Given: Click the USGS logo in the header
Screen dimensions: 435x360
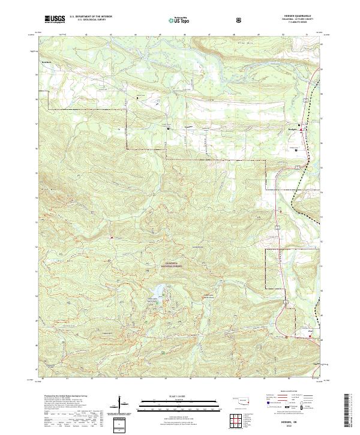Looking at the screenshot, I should click(56, 19).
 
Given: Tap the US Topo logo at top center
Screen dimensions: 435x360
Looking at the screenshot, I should click(178, 20).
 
